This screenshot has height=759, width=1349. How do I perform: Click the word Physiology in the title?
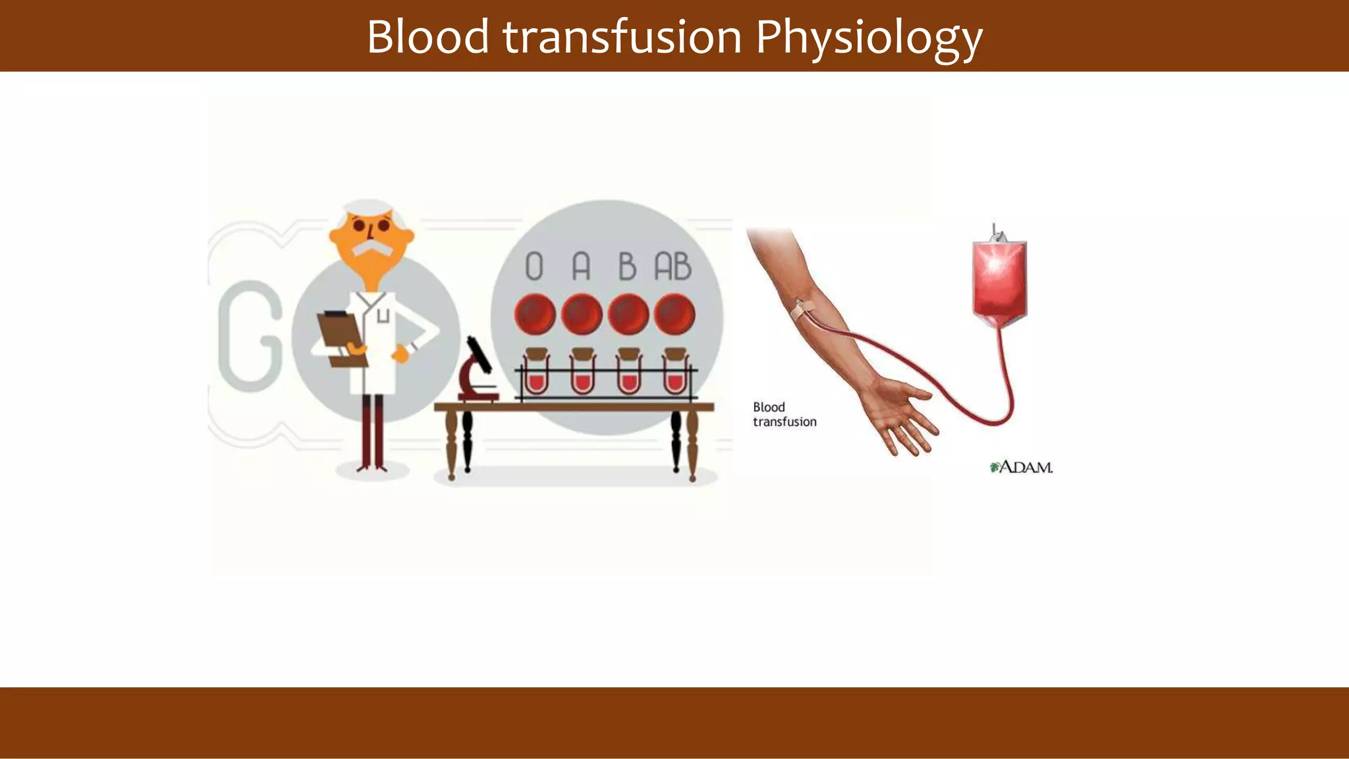pos(869,37)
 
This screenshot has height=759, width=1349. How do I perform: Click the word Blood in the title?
pos(427,37)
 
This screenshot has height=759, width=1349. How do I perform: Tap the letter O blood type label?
pos(534,267)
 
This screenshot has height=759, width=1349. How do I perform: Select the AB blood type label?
pos(673,267)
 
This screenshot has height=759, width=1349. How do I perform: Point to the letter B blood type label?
pos(627,267)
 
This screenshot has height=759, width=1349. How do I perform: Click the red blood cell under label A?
pos(582,314)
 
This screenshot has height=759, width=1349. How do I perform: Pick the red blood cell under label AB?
pos(674,314)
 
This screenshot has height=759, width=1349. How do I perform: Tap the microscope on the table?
pos(478,372)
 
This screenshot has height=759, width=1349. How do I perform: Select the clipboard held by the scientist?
pos(340,332)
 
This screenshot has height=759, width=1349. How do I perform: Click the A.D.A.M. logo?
pos(1022,467)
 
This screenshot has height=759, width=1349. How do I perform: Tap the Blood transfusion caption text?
pos(784,414)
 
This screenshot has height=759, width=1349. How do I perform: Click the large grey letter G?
pos(250,336)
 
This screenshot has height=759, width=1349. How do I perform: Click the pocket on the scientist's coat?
pos(383,317)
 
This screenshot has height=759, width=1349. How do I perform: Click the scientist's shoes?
pos(372,468)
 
